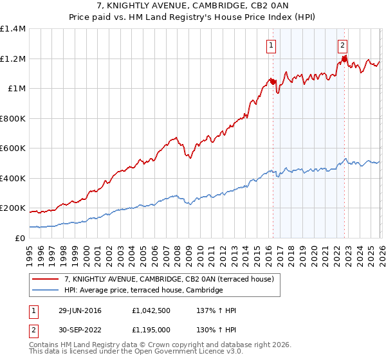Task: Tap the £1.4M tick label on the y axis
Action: pos(12,29)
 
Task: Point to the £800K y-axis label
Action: pos(12,118)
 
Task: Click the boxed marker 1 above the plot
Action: pos(271,45)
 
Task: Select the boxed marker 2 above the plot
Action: pos(342,45)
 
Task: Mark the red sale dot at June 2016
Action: pos(272,82)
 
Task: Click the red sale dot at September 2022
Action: pos(344,59)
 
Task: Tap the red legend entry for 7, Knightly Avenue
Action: pos(170,279)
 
